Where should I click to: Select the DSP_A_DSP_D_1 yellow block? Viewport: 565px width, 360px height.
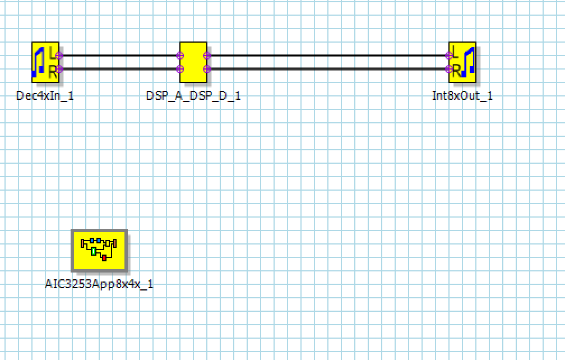[x=193, y=62]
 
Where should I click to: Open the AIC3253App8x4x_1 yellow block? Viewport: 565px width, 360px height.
[x=99, y=250]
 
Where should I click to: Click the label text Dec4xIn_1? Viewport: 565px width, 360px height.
[x=45, y=95]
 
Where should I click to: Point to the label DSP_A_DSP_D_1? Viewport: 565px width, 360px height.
[x=193, y=95]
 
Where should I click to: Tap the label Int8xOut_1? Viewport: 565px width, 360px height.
[x=462, y=95]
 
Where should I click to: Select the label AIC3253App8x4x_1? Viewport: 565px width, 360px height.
[x=99, y=284]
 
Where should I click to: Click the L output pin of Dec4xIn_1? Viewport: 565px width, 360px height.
[x=59, y=56]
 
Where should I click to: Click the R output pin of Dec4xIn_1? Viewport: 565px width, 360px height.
[x=59, y=69]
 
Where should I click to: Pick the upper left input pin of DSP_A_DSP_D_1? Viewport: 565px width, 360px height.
[x=180, y=56]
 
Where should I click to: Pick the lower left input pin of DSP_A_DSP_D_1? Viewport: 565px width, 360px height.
[x=180, y=69]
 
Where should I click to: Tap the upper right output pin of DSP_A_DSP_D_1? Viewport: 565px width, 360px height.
[x=207, y=56]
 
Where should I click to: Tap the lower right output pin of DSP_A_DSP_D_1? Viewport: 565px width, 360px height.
[x=207, y=69]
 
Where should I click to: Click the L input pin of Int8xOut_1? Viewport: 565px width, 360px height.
[x=449, y=56]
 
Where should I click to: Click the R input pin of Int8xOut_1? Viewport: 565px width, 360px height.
[x=449, y=69]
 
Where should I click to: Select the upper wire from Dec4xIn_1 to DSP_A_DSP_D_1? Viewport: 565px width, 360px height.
[x=119, y=56]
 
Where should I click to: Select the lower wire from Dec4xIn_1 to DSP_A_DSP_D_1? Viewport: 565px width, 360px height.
[x=119, y=69]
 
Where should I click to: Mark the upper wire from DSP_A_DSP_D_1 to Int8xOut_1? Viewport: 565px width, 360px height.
[x=328, y=56]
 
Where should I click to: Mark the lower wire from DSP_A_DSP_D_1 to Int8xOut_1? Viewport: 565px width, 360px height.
[x=328, y=69]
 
